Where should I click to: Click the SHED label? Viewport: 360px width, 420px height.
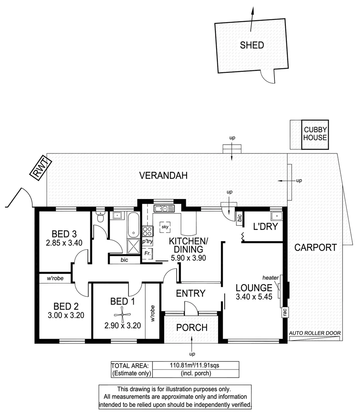pos(252,45)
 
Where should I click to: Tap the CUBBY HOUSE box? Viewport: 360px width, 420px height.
pos(315,134)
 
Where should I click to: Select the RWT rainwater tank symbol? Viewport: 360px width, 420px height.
pos(40,170)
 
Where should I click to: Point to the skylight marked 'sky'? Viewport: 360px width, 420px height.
pos(164,227)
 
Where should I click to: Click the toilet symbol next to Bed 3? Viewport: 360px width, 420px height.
pos(100,216)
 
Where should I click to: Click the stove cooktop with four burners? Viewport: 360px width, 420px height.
pos(148,231)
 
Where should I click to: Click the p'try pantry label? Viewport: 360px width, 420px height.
pos(147,241)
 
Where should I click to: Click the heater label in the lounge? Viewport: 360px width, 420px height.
pos(271,278)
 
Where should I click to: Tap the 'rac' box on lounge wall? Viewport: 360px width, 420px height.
pos(285,312)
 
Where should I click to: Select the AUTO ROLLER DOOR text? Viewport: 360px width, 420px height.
pos(315,333)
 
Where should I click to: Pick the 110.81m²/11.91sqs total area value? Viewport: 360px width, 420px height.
pos(195,366)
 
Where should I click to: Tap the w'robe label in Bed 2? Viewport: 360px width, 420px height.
pos(55,278)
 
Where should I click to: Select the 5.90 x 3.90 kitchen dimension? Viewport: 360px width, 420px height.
pos(188,257)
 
